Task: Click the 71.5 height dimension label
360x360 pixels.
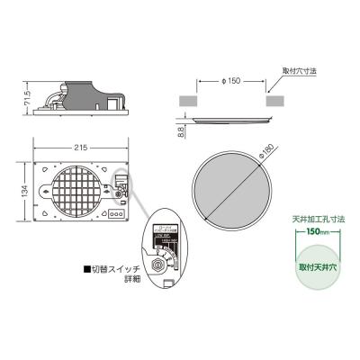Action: click(x=28, y=95)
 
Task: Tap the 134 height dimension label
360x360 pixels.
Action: click(x=26, y=193)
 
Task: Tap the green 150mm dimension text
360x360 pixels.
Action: click(x=313, y=232)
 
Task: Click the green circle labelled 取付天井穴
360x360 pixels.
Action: click(x=313, y=267)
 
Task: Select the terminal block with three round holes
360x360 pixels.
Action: click(x=116, y=214)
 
